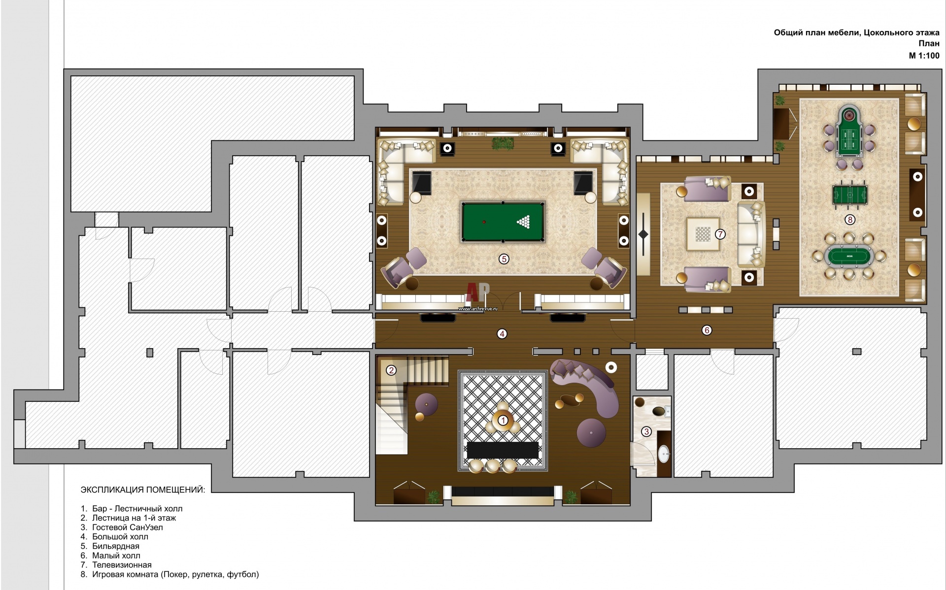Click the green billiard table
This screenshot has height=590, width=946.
point(503,222)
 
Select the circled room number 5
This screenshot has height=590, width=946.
point(504,259)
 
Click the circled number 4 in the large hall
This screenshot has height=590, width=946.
point(502,334)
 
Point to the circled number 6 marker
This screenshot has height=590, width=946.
point(707,330)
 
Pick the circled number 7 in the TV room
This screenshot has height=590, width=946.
point(720,234)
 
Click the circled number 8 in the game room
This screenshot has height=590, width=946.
point(849,220)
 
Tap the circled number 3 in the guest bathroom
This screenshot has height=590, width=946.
point(646,432)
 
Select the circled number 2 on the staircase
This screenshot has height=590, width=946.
point(391,370)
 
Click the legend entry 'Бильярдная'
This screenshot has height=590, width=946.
point(115,546)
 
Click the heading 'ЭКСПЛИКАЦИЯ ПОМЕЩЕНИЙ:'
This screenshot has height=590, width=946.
point(143,490)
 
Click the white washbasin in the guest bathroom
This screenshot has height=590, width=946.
point(664,453)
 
